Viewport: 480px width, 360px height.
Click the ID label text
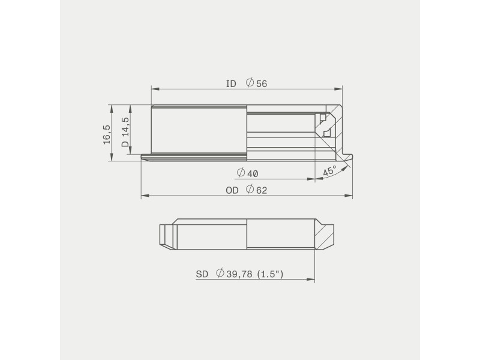[231, 83]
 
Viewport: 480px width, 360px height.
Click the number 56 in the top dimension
[261, 83]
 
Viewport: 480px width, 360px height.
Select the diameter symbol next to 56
[250, 83]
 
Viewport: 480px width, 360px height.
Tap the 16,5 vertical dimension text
[106, 134]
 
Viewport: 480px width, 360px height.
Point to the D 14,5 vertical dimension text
[125, 133]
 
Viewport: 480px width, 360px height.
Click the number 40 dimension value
[252, 173]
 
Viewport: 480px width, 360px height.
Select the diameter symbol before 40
[241, 173]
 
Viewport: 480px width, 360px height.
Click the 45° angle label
[329, 171]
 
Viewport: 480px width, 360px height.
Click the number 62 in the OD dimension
[261, 190]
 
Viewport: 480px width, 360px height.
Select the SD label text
[202, 274]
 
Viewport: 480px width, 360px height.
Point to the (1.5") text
[269, 274]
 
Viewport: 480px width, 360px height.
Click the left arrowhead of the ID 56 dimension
[154, 89]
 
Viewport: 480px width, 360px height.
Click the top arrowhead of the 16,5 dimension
[111, 107]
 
